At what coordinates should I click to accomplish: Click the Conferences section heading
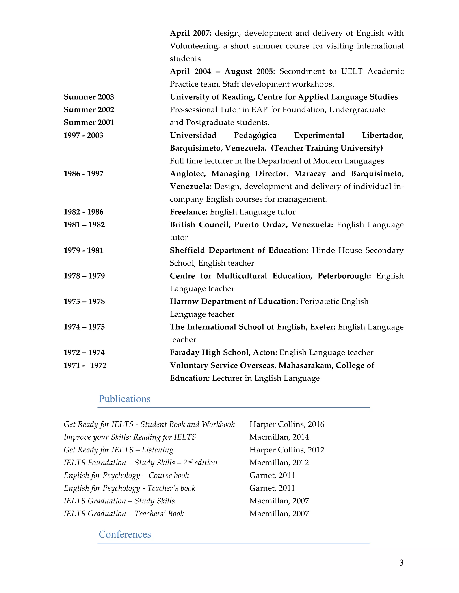pos(125,534)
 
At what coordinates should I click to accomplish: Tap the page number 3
pos(401,563)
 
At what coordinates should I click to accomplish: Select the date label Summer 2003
pos(89,97)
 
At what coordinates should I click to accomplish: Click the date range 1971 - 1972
pos(85,365)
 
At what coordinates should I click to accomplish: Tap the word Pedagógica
pos(255,135)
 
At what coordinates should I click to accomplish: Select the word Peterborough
pos(344,276)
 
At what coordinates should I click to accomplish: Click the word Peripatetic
pos(320,302)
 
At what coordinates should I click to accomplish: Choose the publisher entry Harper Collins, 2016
pos(287,424)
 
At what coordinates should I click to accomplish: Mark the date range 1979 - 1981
pos(83,250)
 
